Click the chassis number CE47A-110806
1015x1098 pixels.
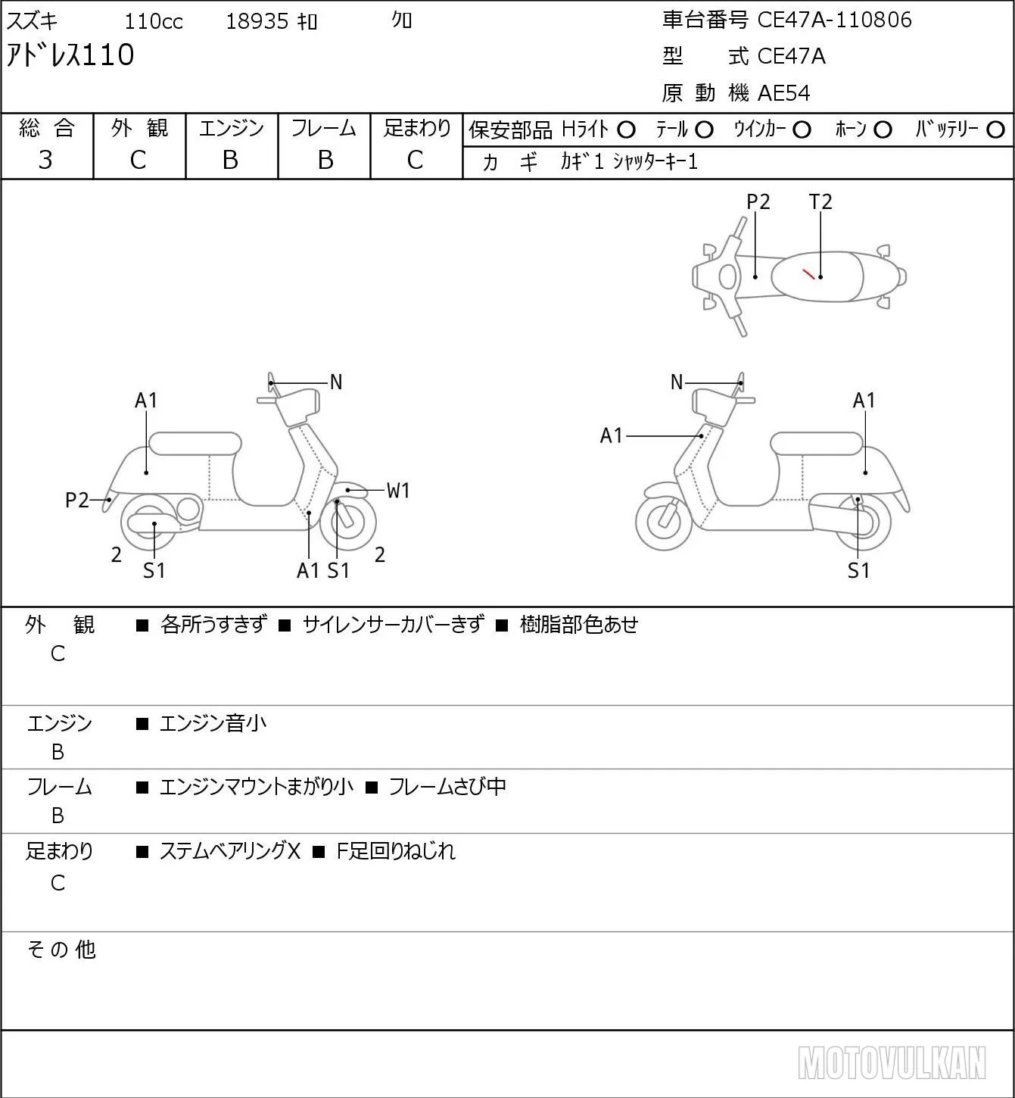pos(834,20)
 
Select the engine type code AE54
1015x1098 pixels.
pos(784,93)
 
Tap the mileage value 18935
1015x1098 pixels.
pos(257,21)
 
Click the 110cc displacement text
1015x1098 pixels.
pos(153,21)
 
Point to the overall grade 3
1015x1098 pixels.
pos(45,160)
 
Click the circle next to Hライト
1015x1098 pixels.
pos(626,130)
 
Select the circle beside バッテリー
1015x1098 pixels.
pos(995,130)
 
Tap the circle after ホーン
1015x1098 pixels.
pos(883,130)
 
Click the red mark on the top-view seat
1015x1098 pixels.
pos(808,273)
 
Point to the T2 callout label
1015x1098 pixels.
pos(820,201)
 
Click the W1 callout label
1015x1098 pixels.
pos(398,491)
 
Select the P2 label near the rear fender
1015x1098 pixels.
pos(77,501)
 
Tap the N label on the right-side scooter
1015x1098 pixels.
pos(677,382)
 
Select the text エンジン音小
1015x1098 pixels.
pos(213,723)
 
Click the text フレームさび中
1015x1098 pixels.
pos(447,787)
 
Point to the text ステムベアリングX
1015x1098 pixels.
pos(230,851)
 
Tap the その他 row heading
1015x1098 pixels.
pos(61,950)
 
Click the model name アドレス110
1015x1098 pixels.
pos(70,55)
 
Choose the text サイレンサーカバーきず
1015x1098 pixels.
pos(394,625)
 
